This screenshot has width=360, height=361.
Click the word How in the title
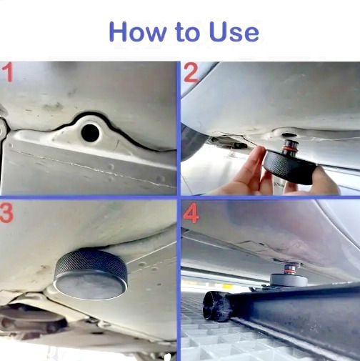tap(138, 32)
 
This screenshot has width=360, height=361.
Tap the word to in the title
tap(187, 33)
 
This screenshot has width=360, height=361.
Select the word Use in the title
tap(234, 32)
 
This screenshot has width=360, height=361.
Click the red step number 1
tap(8, 72)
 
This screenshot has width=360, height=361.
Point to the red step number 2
tap(191, 73)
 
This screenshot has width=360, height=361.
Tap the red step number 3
tap(6, 213)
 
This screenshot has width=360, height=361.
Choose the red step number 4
tap(191, 213)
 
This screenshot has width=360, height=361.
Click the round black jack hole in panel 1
tap(90, 132)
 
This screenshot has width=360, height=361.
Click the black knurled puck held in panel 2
tap(289, 167)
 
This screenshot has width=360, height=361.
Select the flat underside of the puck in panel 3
tap(90, 286)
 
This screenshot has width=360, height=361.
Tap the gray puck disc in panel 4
tap(289, 280)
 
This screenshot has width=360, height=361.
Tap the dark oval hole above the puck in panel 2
tap(289, 135)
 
